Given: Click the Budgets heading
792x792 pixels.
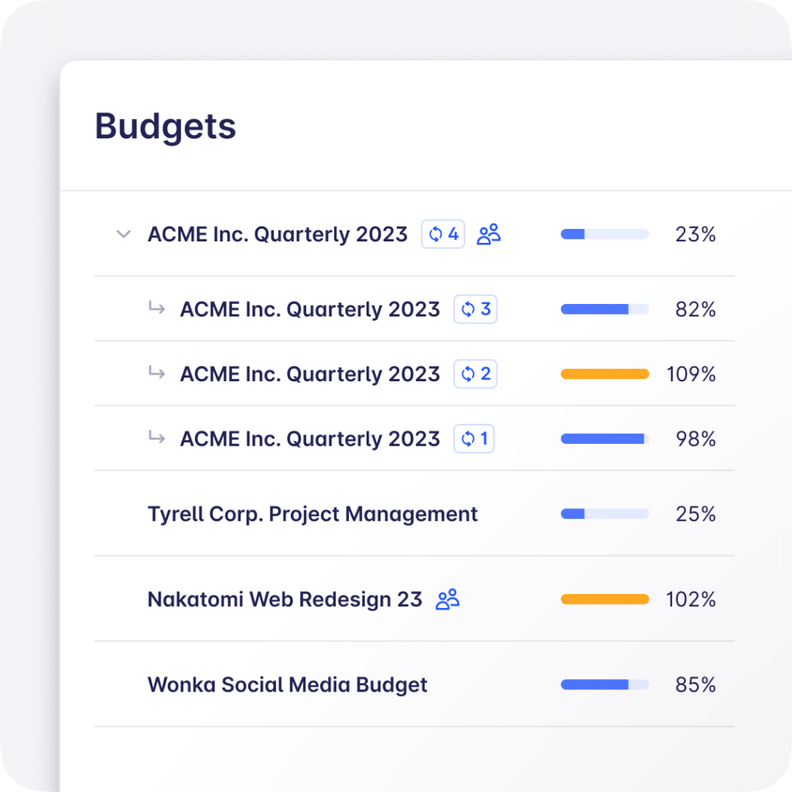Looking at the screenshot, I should click(166, 126).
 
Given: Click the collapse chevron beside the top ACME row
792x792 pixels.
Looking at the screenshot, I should click(123, 234).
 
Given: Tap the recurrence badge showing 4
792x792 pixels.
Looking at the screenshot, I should click(443, 234).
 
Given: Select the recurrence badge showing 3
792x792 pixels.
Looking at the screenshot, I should click(476, 309).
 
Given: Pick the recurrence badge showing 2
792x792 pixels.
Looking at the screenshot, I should click(476, 374).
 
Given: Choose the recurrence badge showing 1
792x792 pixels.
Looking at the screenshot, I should click(474, 439).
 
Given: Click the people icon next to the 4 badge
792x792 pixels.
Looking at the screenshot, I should click(489, 234).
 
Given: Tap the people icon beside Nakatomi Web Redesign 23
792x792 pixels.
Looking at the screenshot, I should click(448, 599).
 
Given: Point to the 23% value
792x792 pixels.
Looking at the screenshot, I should click(695, 234).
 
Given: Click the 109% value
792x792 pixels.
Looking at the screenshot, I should click(691, 375).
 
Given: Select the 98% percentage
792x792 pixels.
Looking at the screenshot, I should click(695, 439).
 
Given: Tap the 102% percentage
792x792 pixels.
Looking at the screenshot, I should click(691, 599).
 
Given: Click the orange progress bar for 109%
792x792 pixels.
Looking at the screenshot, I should click(605, 374).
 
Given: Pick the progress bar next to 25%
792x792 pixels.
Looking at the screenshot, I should click(605, 514).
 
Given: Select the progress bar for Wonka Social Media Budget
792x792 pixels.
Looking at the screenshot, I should click(605, 684).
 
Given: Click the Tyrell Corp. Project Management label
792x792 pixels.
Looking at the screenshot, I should click(312, 514).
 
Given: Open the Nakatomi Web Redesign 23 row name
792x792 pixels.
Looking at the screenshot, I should click(285, 599).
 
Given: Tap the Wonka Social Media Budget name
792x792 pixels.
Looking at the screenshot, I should click(287, 684).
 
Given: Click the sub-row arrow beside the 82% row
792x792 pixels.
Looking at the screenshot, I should click(157, 309).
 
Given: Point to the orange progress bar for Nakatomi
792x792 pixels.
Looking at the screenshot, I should click(605, 599).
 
